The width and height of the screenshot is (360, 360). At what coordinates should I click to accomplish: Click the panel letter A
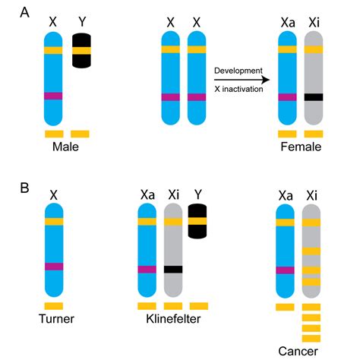tap(10, 11)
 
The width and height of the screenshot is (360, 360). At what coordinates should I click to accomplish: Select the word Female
tap(301, 147)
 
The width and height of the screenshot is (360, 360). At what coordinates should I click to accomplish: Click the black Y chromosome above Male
tap(82, 50)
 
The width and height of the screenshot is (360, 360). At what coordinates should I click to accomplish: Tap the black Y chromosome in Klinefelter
tap(198, 222)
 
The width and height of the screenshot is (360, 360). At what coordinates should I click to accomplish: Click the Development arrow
tap(242, 79)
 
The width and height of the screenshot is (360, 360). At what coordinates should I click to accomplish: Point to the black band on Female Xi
tap(313, 97)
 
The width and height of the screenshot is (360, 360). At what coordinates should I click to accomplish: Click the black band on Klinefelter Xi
tap(173, 269)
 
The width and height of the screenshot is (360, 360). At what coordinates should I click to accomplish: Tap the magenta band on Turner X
tap(53, 266)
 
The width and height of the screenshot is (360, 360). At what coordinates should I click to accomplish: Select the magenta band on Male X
tap(53, 96)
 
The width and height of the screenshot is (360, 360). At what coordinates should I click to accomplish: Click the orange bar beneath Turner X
tap(53, 306)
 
